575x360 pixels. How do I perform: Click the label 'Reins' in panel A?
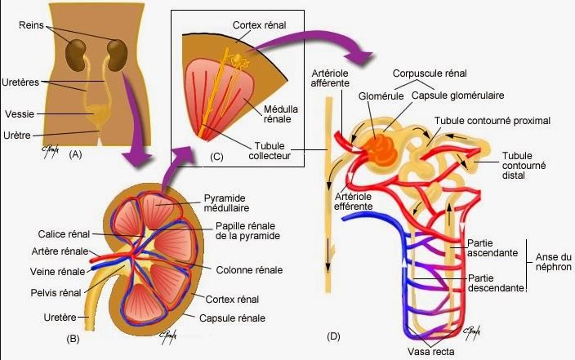point(31,25)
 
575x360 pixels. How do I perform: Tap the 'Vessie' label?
point(19,113)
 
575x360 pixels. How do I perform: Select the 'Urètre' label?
point(19,134)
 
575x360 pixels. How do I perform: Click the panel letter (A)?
point(77,153)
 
